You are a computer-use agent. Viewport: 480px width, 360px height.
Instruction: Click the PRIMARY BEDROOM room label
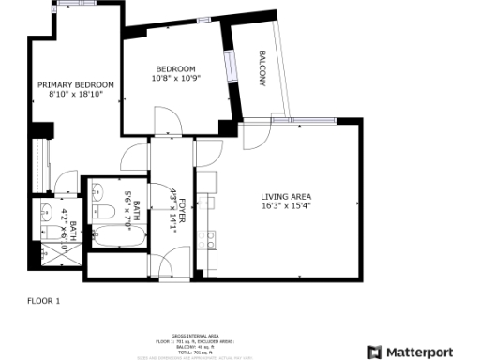[76, 84]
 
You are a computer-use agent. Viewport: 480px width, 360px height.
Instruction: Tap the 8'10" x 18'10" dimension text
[76, 94]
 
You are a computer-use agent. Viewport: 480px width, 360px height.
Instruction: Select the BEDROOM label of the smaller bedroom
[175, 69]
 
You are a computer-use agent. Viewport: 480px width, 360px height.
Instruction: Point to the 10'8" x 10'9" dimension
[175, 79]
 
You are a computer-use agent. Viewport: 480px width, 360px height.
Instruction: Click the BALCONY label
[262, 67]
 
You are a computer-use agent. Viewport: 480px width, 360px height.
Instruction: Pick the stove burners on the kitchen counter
[209, 239]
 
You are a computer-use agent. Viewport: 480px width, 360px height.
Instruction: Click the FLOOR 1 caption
[43, 301]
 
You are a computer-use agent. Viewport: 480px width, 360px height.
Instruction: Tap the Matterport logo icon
[375, 352]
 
